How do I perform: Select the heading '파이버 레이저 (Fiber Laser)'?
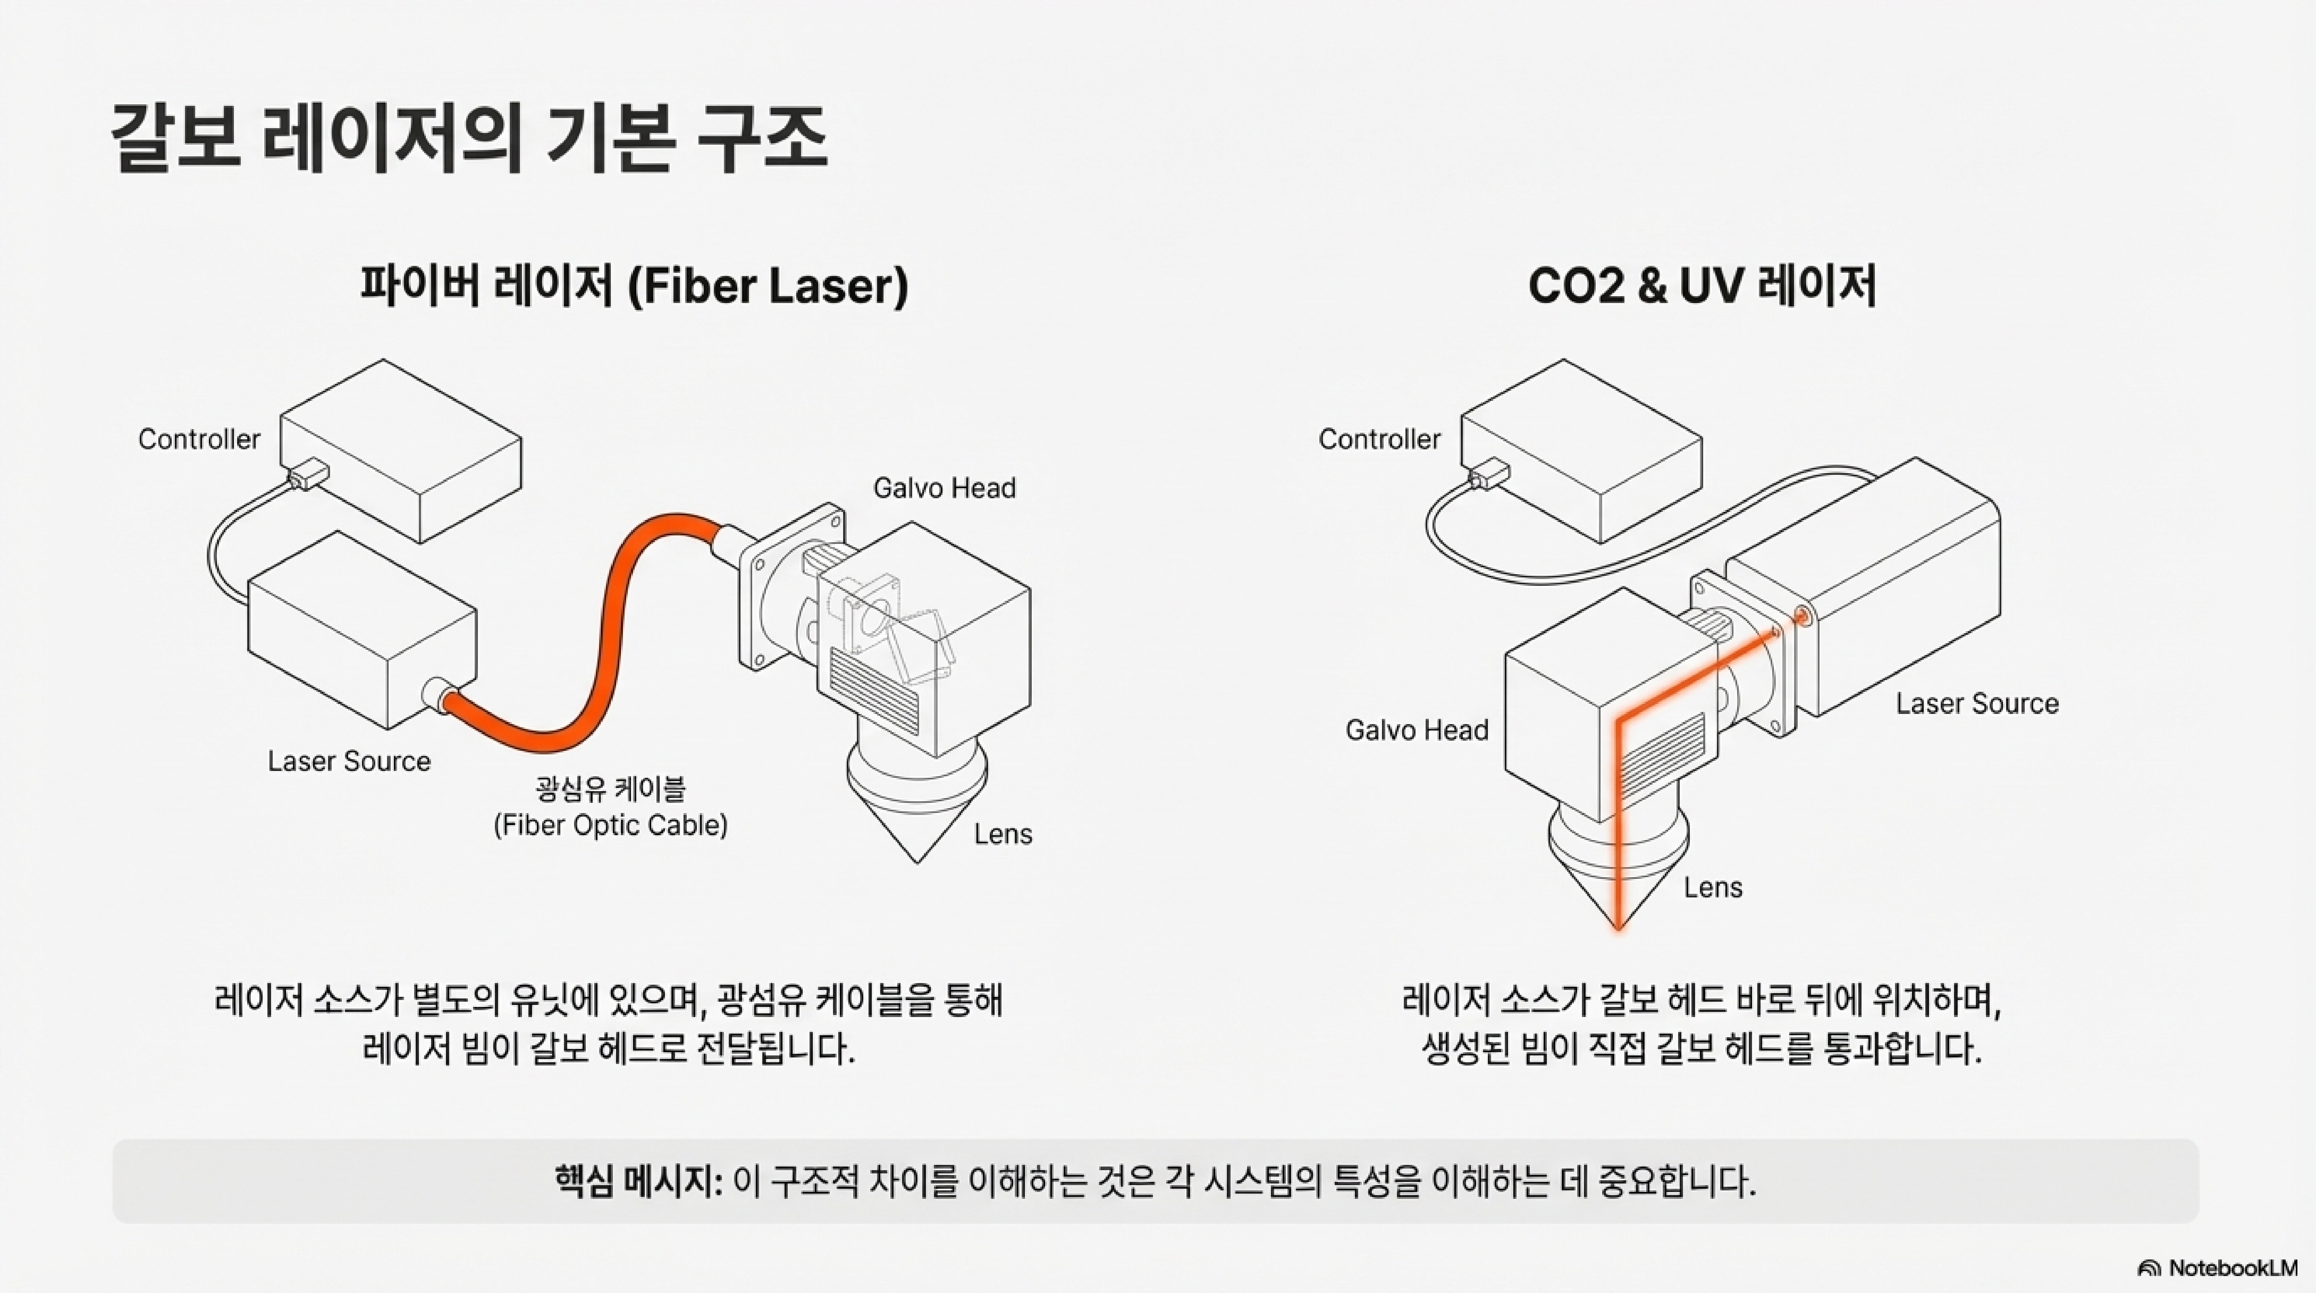[634, 286]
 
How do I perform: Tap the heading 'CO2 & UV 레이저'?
[1702, 286]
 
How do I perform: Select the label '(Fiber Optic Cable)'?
[610, 825]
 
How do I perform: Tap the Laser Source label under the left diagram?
[349, 762]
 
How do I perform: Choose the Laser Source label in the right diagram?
[1977, 703]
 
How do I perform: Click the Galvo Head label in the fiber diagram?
[944, 488]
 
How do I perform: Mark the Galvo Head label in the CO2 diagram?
[1417, 730]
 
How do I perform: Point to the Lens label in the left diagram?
[1002, 834]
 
